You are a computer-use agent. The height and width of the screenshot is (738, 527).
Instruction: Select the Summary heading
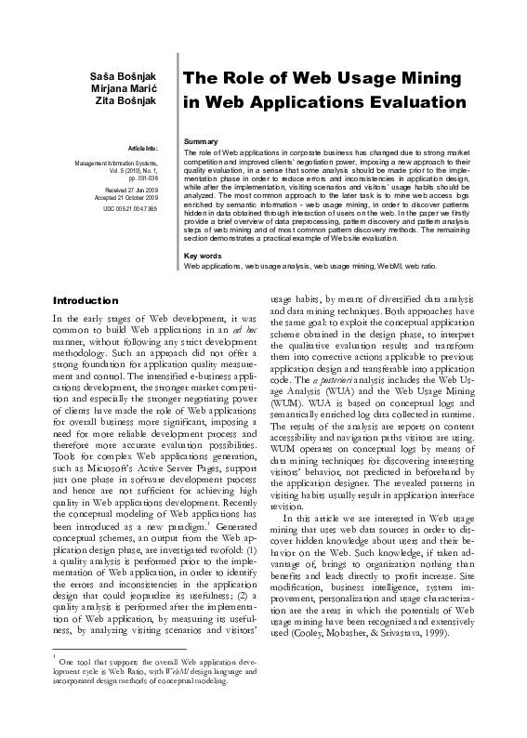click(202, 140)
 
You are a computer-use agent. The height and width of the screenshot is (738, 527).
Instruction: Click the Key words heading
click(203, 255)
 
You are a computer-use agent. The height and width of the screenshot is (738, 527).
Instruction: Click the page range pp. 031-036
click(141, 176)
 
